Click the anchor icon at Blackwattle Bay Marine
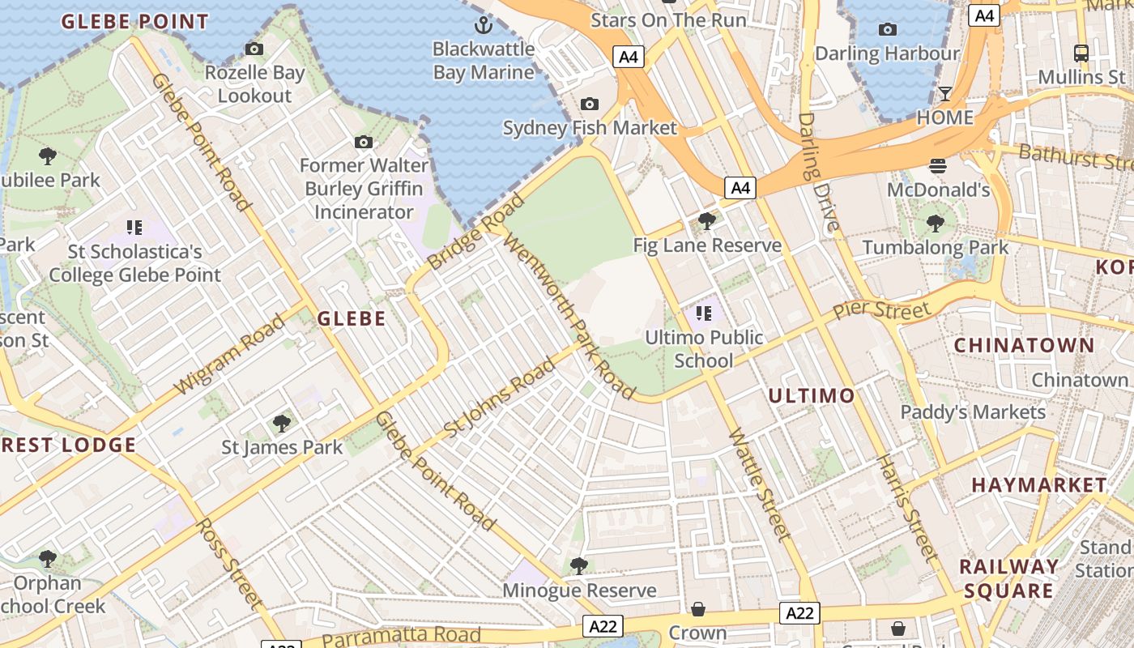[x=484, y=24]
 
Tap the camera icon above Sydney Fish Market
[x=590, y=104]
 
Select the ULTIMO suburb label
[x=811, y=395]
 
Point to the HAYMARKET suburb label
[x=1038, y=485]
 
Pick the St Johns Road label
[x=500, y=397]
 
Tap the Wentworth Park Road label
[x=569, y=317]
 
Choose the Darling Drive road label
[x=820, y=173]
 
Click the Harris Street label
[x=906, y=508]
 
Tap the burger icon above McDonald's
[x=938, y=166]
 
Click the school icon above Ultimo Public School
[x=703, y=313]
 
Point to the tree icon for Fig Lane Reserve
[x=707, y=220]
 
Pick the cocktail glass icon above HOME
[x=945, y=94]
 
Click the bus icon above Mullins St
[x=1081, y=53]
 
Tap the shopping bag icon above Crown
[x=698, y=609]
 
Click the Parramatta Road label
[x=402, y=636]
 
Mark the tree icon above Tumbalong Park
[x=936, y=223]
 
